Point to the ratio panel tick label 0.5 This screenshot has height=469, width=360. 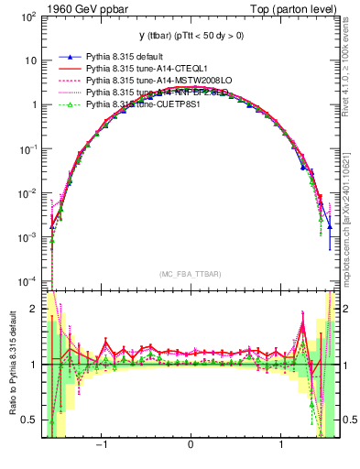[28, 420]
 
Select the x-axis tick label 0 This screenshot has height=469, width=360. [190, 445]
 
